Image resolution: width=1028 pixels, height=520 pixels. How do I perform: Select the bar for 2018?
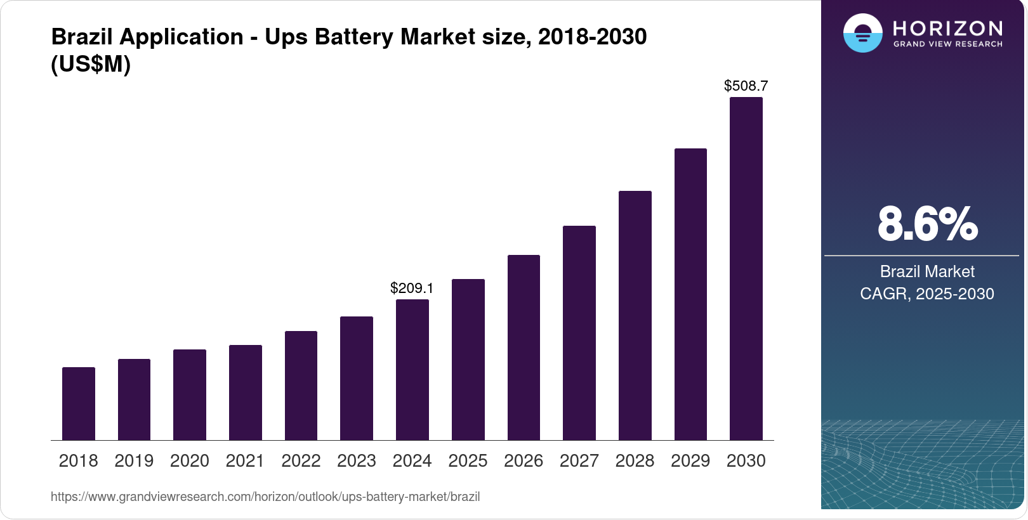click(79, 403)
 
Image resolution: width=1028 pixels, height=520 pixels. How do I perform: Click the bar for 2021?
click(246, 393)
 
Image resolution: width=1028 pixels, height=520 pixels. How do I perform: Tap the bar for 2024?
click(412, 370)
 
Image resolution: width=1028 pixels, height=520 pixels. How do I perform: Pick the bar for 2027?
click(579, 333)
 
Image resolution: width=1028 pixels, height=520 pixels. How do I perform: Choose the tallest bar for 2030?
click(746, 269)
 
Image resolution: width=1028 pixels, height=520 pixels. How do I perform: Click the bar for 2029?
click(690, 294)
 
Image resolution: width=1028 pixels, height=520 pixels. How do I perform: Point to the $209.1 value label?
click(412, 288)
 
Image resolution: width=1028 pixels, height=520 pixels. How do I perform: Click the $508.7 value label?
click(746, 86)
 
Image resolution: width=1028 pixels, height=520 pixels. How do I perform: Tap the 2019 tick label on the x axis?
click(134, 461)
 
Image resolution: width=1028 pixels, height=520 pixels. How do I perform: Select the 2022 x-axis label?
click(301, 461)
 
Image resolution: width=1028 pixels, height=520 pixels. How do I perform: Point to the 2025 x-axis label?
click(468, 461)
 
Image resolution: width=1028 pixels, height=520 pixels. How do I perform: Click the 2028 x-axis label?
click(635, 461)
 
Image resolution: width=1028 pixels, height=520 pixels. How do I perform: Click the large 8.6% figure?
click(927, 224)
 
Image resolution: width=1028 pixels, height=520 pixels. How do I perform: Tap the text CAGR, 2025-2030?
click(927, 294)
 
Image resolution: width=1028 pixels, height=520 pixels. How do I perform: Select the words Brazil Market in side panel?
click(927, 271)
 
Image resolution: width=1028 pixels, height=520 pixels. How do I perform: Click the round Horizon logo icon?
click(862, 33)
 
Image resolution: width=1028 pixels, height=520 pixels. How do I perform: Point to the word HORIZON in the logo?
click(947, 28)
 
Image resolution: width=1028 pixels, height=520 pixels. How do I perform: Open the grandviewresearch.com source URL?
click(265, 497)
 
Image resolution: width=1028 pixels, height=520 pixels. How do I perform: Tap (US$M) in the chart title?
click(91, 64)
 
